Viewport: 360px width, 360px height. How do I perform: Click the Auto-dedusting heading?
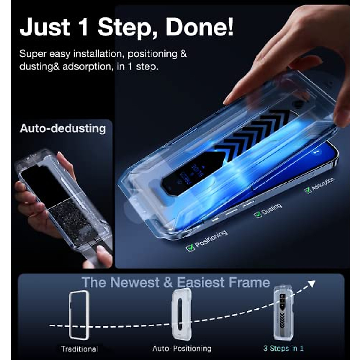click(63, 128)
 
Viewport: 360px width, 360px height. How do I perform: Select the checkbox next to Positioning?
click(190, 248)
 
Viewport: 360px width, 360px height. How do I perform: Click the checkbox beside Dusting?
click(258, 214)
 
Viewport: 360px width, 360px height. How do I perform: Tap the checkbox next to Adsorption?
click(307, 190)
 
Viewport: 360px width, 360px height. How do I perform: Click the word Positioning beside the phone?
click(211, 239)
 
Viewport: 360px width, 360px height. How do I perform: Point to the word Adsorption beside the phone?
click(323, 184)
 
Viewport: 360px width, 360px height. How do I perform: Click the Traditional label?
click(79, 349)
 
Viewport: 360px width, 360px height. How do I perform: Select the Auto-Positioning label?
click(182, 349)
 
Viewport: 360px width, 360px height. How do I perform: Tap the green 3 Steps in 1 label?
click(283, 348)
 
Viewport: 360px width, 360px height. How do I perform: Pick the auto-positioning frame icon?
click(181, 314)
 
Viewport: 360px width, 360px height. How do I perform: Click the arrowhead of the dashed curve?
click(312, 283)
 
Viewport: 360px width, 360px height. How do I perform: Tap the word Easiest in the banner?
click(200, 283)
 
